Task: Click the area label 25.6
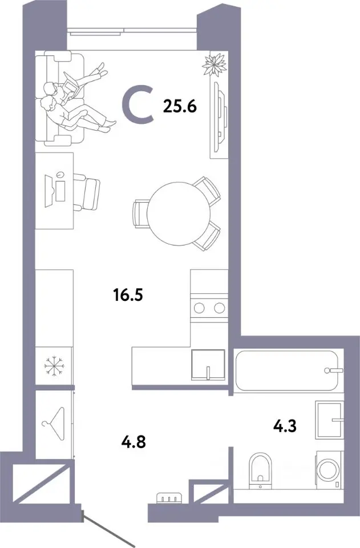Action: (x=180, y=106)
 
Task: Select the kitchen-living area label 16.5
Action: (x=128, y=295)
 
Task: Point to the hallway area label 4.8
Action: (x=133, y=442)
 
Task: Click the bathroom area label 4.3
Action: (x=285, y=426)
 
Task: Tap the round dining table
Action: (x=179, y=213)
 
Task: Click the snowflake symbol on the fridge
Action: (x=54, y=366)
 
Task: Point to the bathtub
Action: (x=286, y=370)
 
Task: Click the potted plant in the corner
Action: (x=215, y=64)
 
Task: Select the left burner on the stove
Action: (x=199, y=308)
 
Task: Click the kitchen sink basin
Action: (x=208, y=365)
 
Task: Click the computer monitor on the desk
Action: (x=49, y=191)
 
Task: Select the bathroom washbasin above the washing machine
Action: (x=329, y=420)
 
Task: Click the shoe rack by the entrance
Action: (x=169, y=498)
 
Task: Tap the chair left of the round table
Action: (x=141, y=214)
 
